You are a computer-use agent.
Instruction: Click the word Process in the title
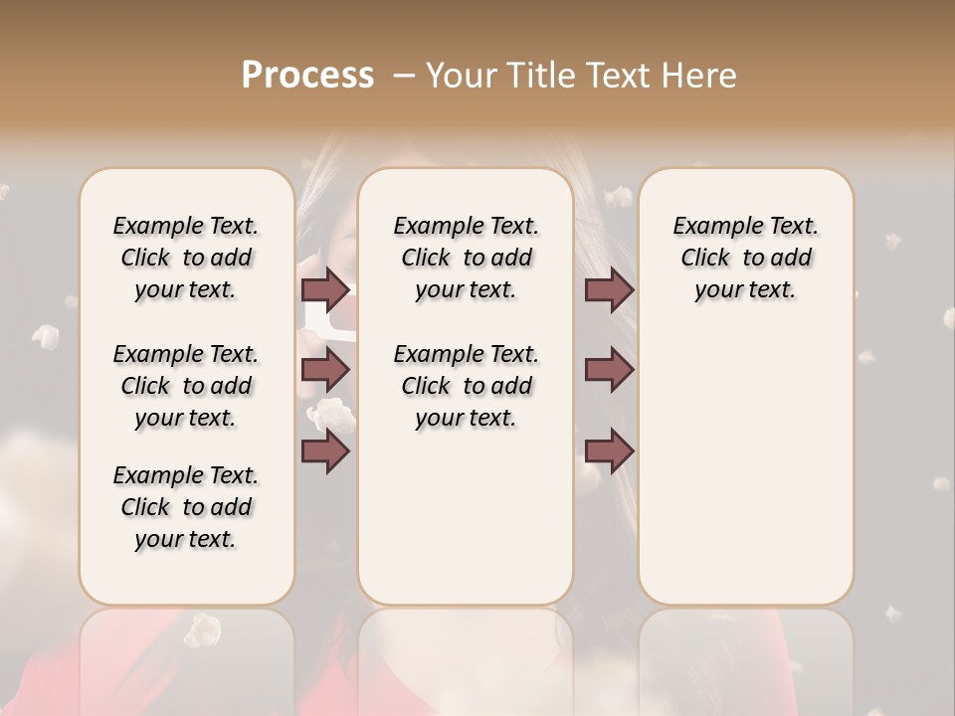coord(307,76)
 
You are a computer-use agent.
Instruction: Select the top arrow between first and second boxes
coord(325,290)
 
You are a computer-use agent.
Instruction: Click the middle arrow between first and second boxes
coord(325,370)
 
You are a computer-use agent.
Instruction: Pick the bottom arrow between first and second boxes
coord(325,451)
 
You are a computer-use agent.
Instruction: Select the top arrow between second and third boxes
coord(609,290)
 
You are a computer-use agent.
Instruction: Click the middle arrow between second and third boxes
coord(609,370)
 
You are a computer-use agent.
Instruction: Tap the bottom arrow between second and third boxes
coord(609,451)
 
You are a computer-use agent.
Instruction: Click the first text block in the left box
coord(186,258)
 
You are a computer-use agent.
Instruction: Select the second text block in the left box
coord(186,386)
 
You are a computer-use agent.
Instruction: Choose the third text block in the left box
coord(186,507)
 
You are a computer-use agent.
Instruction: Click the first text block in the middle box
coord(466,258)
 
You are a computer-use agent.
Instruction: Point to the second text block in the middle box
coord(466,386)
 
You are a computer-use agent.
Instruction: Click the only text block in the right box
coord(746,258)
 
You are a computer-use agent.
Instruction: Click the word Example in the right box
coord(708,227)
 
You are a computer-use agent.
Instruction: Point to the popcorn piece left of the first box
coord(46,336)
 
